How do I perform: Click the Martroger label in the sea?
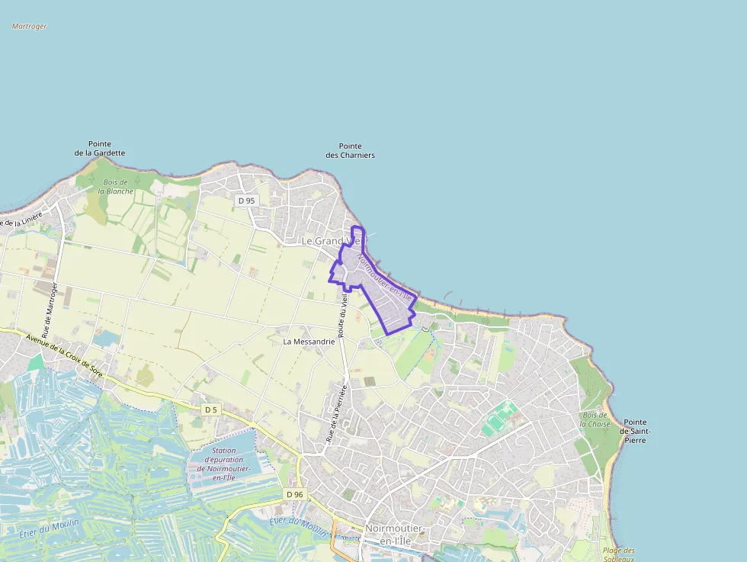(30, 26)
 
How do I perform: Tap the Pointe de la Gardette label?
(100, 148)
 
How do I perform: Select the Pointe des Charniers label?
(350, 150)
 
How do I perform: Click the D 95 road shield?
(246, 201)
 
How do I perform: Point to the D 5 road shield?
(211, 409)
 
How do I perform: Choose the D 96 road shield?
(295, 494)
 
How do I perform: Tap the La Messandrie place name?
(309, 342)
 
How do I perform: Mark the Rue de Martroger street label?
(50, 310)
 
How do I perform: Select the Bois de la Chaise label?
(594, 419)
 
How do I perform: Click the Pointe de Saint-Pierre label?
(634, 431)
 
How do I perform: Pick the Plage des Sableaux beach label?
(618, 554)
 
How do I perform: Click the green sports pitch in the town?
(499, 419)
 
